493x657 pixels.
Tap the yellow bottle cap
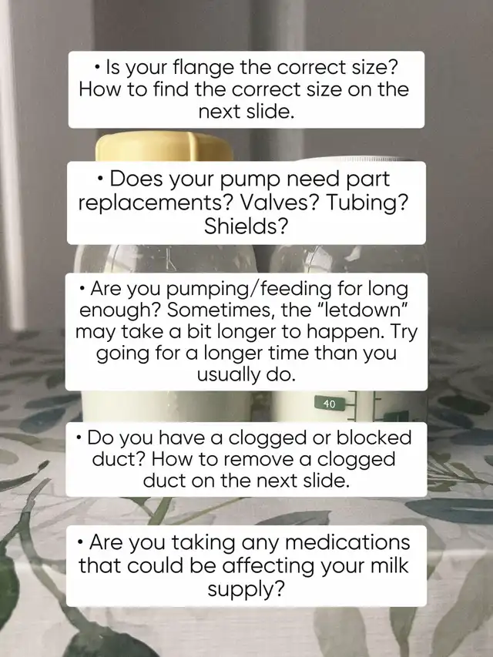(164, 146)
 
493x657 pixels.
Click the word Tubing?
(367, 203)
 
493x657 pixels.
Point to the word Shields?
(246, 226)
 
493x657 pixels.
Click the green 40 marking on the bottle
(330, 404)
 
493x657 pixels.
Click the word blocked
(374, 437)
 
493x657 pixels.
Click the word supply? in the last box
(246, 589)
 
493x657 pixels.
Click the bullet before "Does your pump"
(100, 179)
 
